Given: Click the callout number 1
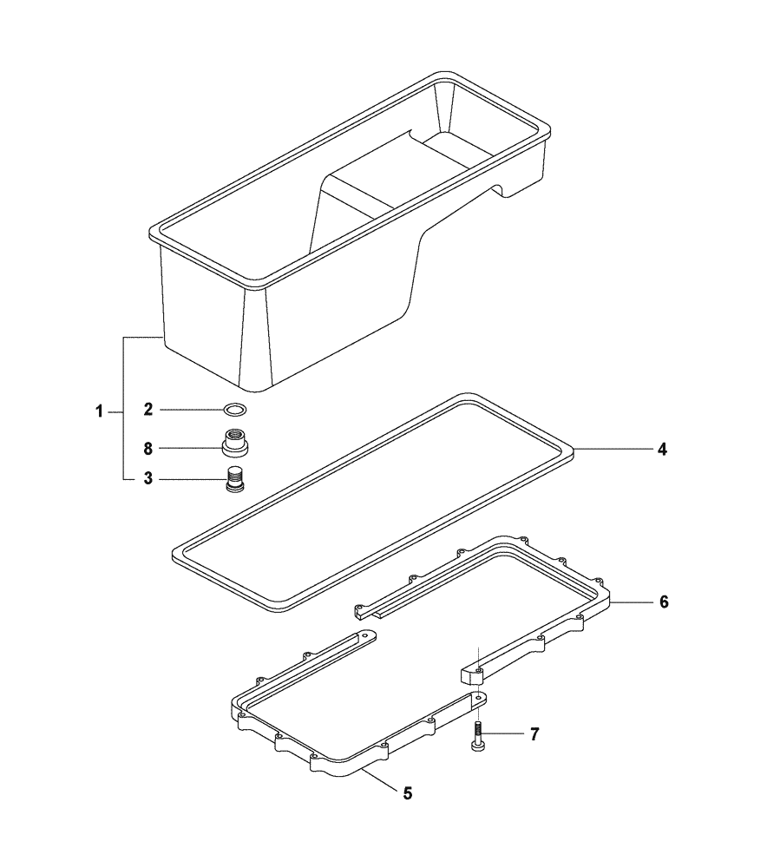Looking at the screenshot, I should pyautogui.click(x=100, y=411).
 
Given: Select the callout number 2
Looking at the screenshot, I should pyautogui.click(x=148, y=409).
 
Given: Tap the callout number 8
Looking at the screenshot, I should pyautogui.click(x=148, y=448).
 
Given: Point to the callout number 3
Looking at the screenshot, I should pyautogui.click(x=148, y=478).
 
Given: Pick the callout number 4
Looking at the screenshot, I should pyautogui.click(x=662, y=450).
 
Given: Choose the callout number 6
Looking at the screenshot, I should pyautogui.click(x=664, y=602).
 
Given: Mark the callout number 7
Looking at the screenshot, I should pyautogui.click(x=534, y=734).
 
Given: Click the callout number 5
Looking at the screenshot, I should pyautogui.click(x=407, y=792).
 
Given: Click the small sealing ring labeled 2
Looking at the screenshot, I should pyautogui.click(x=235, y=409).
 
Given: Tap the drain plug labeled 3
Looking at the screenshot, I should pyautogui.click(x=233, y=479).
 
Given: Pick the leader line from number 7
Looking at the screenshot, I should pyautogui.click(x=504, y=734).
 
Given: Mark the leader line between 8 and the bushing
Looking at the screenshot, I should pyautogui.click(x=189, y=448).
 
